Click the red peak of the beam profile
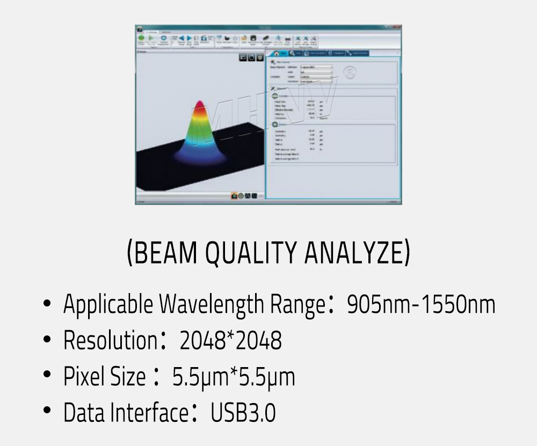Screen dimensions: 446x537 tap(199, 104)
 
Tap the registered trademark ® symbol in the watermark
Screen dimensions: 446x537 tap(350, 74)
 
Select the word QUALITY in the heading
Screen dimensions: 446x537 tap(252, 253)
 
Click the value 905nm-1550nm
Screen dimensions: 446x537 tap(421, 305)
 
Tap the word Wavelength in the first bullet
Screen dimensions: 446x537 tap(210, 305)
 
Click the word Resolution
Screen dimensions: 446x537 tap(110, 341)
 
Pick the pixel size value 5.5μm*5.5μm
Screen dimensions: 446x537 tap(234, 377)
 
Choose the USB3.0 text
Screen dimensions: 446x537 tap(243, 413)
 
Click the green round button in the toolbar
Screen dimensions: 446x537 tap(141, 38)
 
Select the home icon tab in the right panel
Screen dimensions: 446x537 tap(277, 53)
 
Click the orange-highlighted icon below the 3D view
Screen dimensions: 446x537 tap(234, 196)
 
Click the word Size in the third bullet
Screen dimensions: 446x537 tap(128, 377)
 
